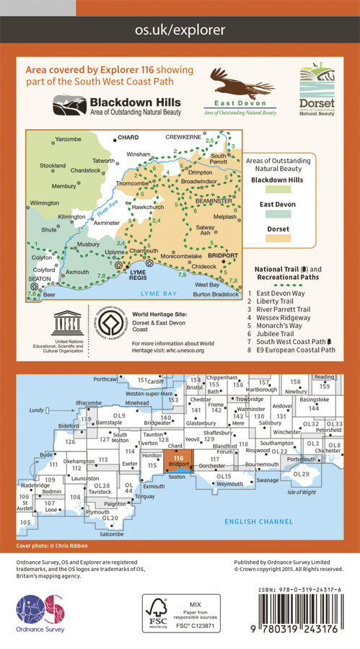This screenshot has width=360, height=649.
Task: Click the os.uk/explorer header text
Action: click(x=180, y=30)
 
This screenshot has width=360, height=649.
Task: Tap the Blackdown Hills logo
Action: click(x=116, y=105)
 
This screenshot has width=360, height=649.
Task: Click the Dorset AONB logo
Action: click(x=317, y=92)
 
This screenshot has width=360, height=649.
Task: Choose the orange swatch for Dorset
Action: click(x=278, y=237)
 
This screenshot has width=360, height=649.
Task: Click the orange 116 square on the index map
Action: click(x=179, y=460)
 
